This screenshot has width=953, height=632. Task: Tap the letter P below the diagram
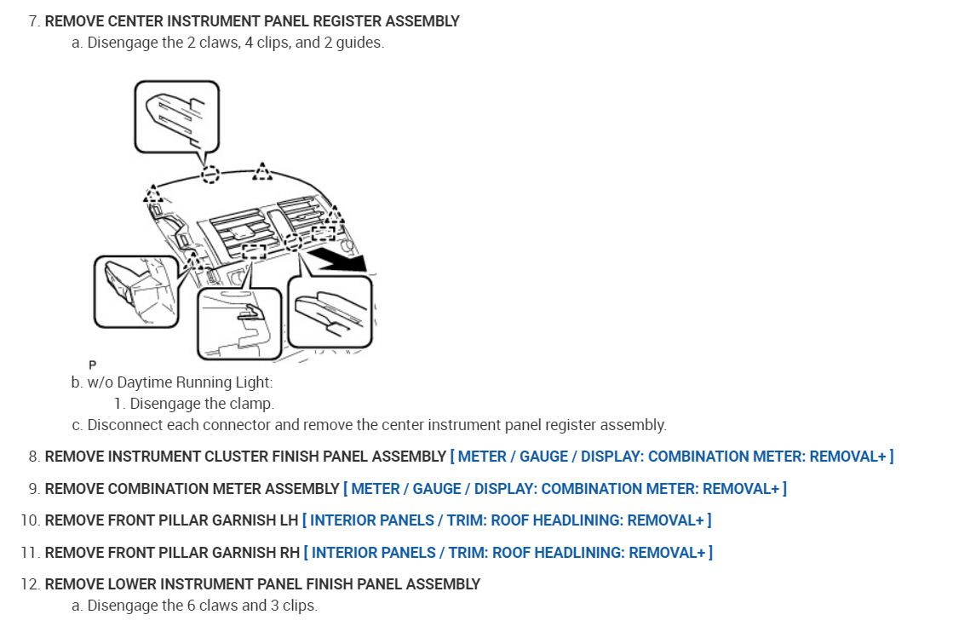(x=92, y=365)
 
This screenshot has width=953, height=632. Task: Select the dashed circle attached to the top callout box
(x=210, y=175)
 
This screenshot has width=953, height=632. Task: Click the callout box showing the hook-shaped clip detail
(x=238, y=322)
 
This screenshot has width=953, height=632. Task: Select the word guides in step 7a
(x=361, y=42)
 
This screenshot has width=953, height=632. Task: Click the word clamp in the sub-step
(x=255, y=404)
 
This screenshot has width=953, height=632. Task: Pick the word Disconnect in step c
(x=124, y=424)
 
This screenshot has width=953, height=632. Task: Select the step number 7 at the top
(x=33, y=21)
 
